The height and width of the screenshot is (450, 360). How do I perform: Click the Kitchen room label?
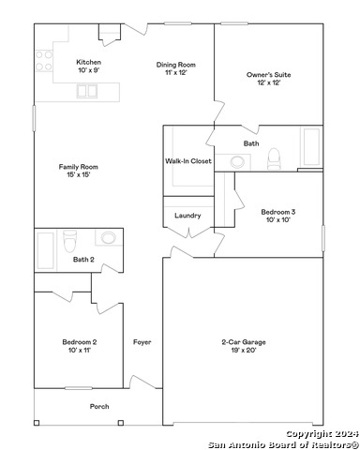[88, 66]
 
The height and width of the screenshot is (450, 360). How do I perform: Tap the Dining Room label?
[176, 68]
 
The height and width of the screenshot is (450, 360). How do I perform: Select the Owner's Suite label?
[269, 79]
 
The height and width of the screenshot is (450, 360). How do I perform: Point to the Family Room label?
[79, 171]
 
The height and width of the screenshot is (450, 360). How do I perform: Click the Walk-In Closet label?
[188, 161]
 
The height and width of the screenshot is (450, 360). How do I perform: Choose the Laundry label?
[187, 216]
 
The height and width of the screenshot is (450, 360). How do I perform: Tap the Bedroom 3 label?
[278, 216]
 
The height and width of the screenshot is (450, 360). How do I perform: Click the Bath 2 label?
[83, 260]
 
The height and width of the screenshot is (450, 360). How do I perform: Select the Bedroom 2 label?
[80, 346]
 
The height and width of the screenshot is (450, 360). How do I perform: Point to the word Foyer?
[142, 342]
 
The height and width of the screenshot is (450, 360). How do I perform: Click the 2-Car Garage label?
[244, 346]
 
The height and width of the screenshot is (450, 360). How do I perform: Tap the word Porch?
[99, 407]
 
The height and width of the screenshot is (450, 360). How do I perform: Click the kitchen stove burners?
[44, 61]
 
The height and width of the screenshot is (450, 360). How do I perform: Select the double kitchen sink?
[87, 91]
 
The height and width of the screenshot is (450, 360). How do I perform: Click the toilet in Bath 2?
[69, 241]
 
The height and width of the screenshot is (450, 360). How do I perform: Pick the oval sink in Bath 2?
[108, 238]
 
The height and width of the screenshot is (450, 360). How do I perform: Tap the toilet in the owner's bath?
[274, 159]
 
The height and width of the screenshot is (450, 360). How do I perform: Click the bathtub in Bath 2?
[46, 250]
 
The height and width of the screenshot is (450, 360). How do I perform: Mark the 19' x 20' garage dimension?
[244, 350]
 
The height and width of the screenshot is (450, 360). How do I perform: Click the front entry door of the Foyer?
[142, 382]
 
